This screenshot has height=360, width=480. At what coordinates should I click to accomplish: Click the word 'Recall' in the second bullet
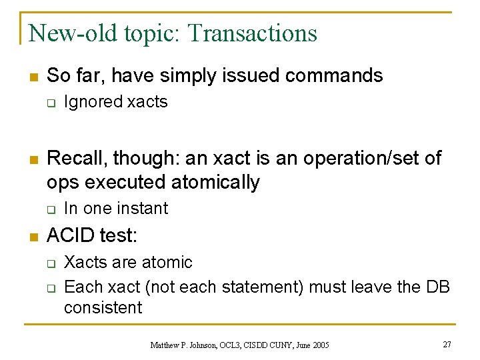pyautogui.click(x=75, y=158)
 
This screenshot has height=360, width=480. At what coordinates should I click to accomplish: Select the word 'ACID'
pyautogui.click(x=71, y=236)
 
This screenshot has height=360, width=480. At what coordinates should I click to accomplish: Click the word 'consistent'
pyautogui.click(x=103, y=307)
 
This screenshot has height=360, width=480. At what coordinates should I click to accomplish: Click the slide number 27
pyautogui.click(x=447, y=344)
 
